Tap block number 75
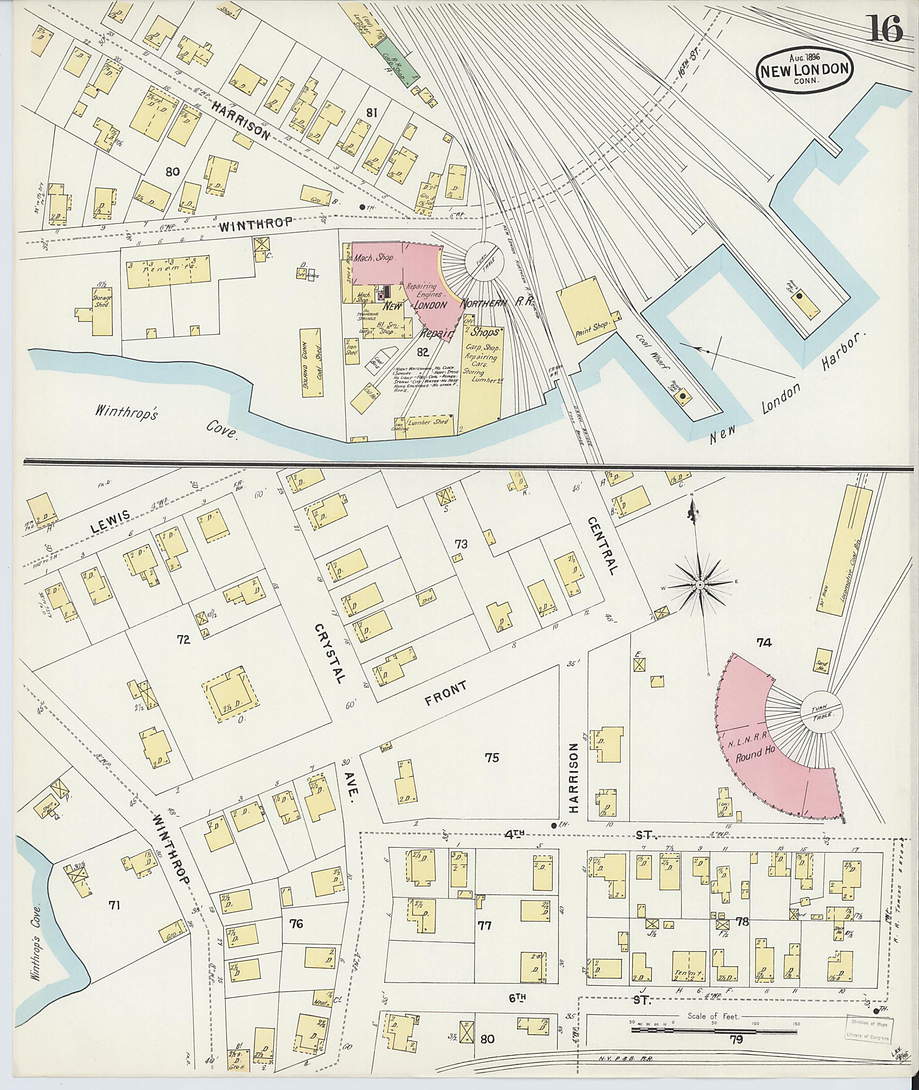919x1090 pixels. pos(491,757)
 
